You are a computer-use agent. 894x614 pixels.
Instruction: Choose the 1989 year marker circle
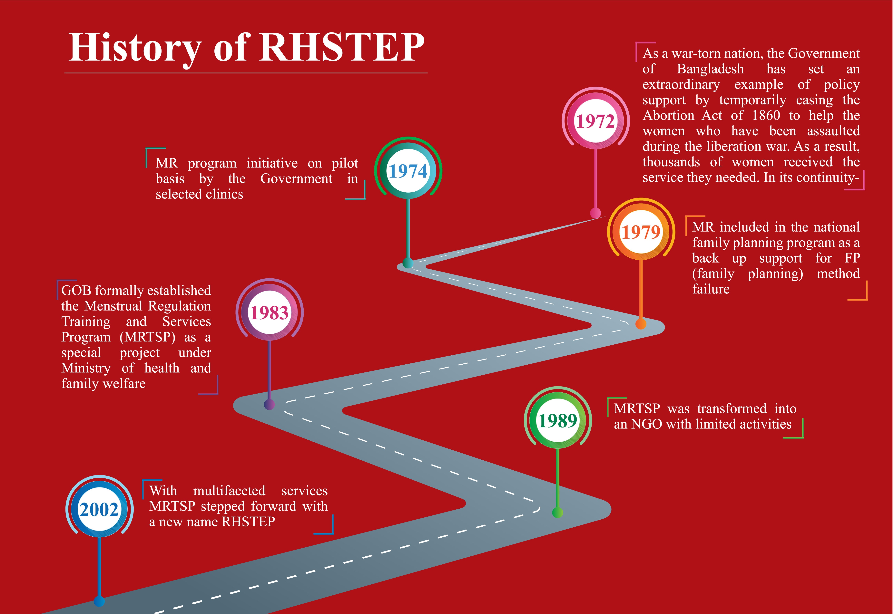(558, 420)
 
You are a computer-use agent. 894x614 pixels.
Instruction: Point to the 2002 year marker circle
(99, 509)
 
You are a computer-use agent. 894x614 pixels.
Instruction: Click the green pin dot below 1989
(558, 513)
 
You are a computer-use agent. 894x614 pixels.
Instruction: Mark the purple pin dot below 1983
(269, 405)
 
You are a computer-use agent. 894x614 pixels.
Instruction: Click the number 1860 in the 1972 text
(766, 115)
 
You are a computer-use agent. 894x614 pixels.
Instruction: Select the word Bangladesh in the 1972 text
(710, 69)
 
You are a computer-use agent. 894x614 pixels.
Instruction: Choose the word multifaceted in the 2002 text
(229, 491)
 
